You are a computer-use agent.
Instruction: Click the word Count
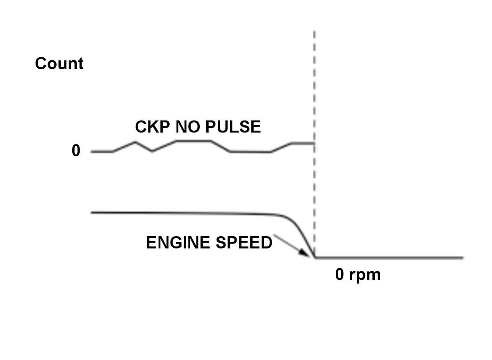pyautogui.click(x=59, y=64)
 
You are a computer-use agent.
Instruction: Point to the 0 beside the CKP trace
pyautogui.click(x=76, y=151)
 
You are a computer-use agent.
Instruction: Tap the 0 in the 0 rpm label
pyautogui.click(x=340, y=275)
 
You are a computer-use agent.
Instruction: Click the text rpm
pyautogui.click(x=364, y=276)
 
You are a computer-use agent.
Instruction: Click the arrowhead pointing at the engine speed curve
pyautogui.click(x=306, y=253)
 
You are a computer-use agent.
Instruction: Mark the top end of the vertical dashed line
pyautogui.click(x=314, y=31)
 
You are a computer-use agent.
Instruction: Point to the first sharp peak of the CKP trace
pyautogui.click(x=135, y=142)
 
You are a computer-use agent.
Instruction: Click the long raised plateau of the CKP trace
pyautogui.click(x=194, y=141)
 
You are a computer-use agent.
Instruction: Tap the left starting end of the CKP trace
pyautogui.click(x=91, y=152)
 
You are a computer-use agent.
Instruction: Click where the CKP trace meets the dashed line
pyautogui.click(x=314, y=143)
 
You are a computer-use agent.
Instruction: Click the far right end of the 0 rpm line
pyautogui.click(x=462, y=258)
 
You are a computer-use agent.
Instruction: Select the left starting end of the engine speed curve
pyautogui.click(x=91, y=212)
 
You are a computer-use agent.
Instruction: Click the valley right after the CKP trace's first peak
pyautogui.click(x=152, y=151)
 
